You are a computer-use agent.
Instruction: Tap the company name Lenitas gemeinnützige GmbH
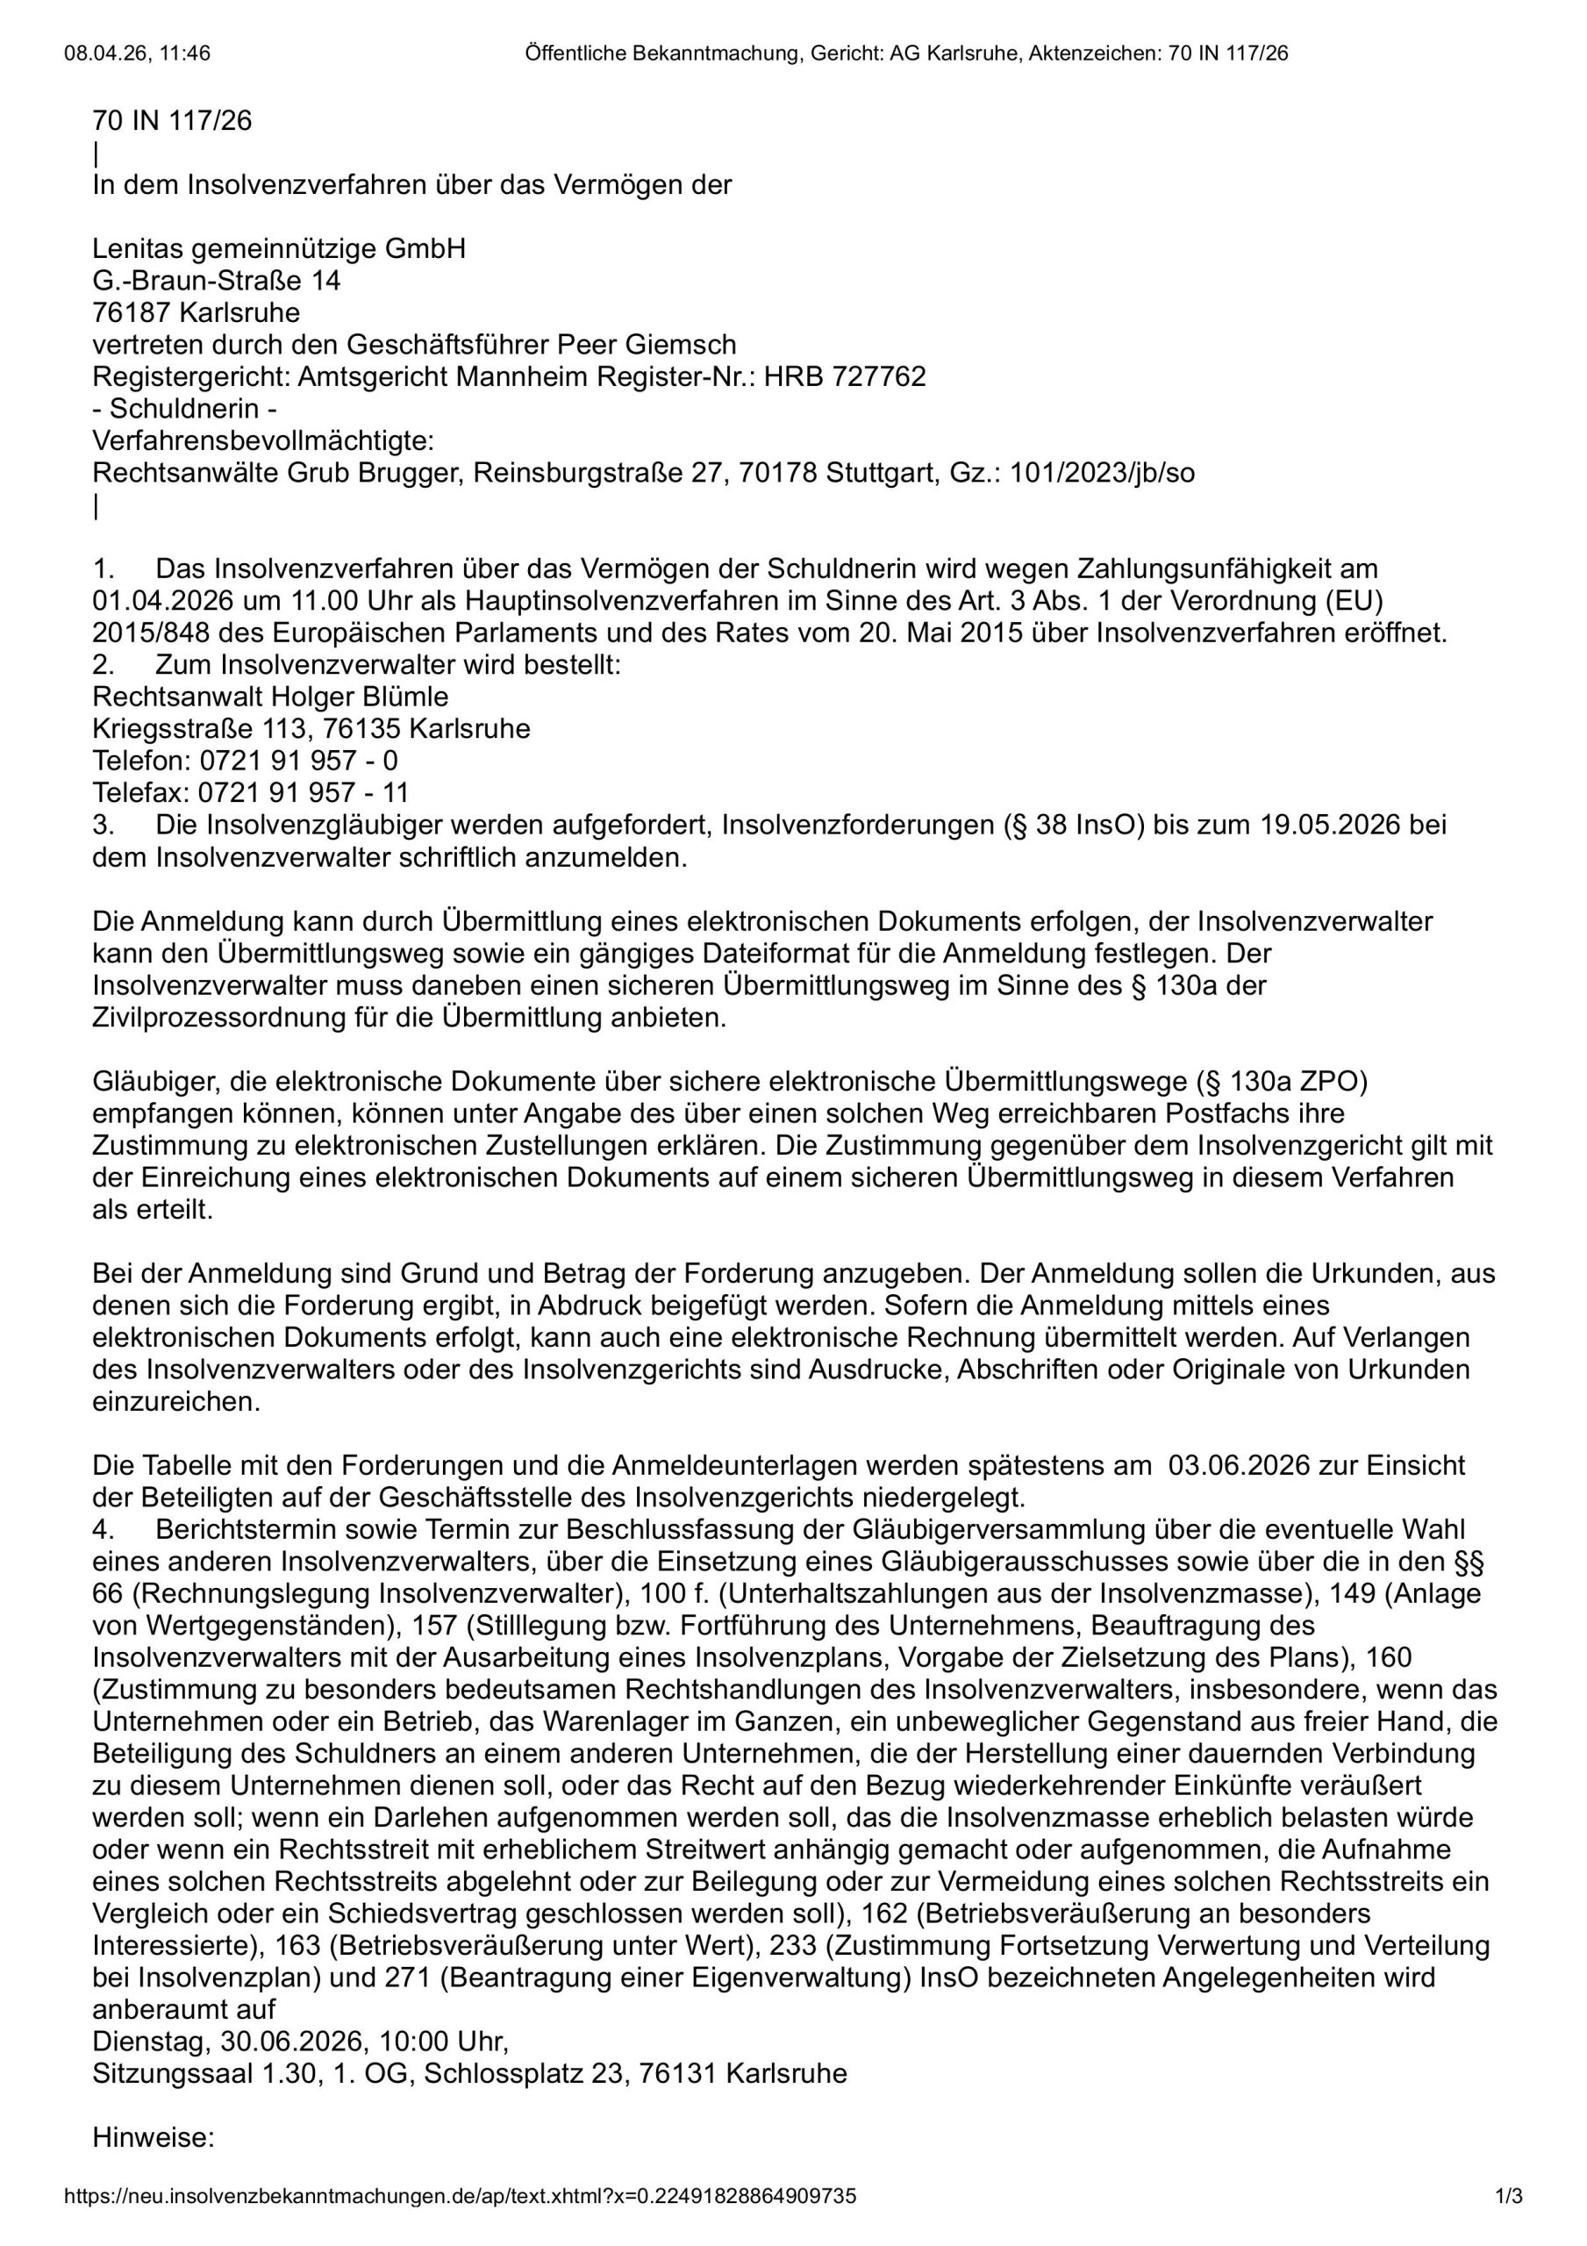pyautogui.click(x=279, y=249)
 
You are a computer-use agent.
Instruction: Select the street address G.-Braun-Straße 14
pyautogui.click(x=216, y=282)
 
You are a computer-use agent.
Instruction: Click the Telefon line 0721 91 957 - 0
pyautogui.click(x=298, y=761)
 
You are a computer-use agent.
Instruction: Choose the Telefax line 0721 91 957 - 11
pyautogui.click(x=304, y=792)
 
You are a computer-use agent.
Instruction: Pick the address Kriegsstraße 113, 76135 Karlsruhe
pyautogui.click(x=311, y=730)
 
